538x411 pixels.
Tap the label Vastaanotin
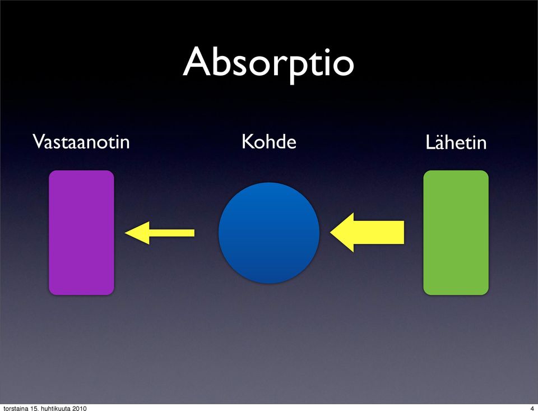tap(81, 141)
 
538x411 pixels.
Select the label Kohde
tap(268, 141)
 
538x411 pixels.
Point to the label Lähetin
tap(456, 142)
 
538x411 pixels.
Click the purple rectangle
tap(81, 233)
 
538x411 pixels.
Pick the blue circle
tap(269, 233)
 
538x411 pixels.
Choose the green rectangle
tap(456, 233)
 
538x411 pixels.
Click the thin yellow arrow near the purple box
tap(160, 233)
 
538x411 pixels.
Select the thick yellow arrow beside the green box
tap(367, 233)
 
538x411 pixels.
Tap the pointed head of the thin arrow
tap(126, 233)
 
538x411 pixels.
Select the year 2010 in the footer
tap(79, 408)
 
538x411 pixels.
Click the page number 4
tap(532, 408)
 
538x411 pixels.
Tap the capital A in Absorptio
tap(197, 62)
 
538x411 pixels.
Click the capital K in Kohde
tap(247, 141)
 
